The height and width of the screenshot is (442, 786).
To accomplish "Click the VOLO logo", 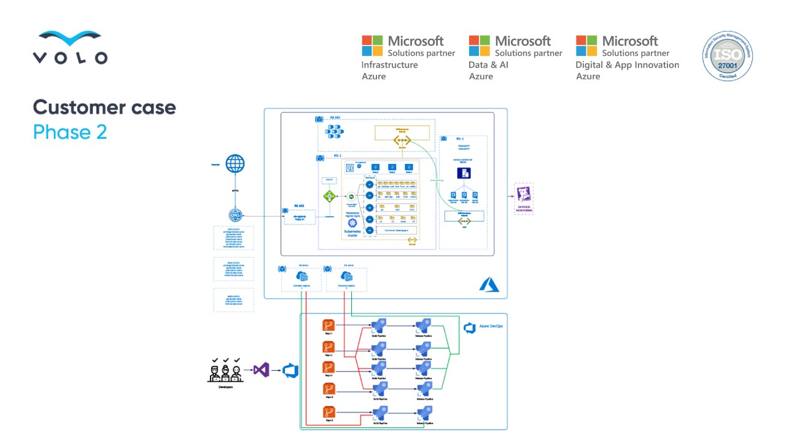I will point(70,48).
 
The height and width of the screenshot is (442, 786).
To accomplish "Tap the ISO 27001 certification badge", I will point(727,56).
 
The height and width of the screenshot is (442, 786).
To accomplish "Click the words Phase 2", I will point(70,131).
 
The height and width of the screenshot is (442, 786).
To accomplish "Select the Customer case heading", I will point(104,107).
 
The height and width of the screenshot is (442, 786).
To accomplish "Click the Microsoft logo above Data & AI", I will point(479,45).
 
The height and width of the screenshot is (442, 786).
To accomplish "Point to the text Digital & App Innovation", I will point(627,65).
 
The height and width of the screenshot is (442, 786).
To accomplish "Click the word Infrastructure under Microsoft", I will point(389,65).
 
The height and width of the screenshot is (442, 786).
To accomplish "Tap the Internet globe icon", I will point(235,164).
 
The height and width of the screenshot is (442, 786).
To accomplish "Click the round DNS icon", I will point(235,215).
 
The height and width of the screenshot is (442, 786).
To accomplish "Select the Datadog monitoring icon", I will point(524,196).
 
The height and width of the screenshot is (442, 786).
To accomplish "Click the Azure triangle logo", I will point(489,284).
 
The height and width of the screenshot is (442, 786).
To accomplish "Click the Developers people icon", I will point(225,370).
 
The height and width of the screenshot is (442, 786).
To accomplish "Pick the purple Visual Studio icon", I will point(262,370).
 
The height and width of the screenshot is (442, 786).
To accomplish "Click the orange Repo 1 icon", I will point(329,325).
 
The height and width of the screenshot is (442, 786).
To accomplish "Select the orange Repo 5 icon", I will point(329,412).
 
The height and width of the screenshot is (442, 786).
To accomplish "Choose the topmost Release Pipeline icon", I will point(422,326).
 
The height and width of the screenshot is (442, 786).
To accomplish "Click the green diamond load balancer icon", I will point(330,196).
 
